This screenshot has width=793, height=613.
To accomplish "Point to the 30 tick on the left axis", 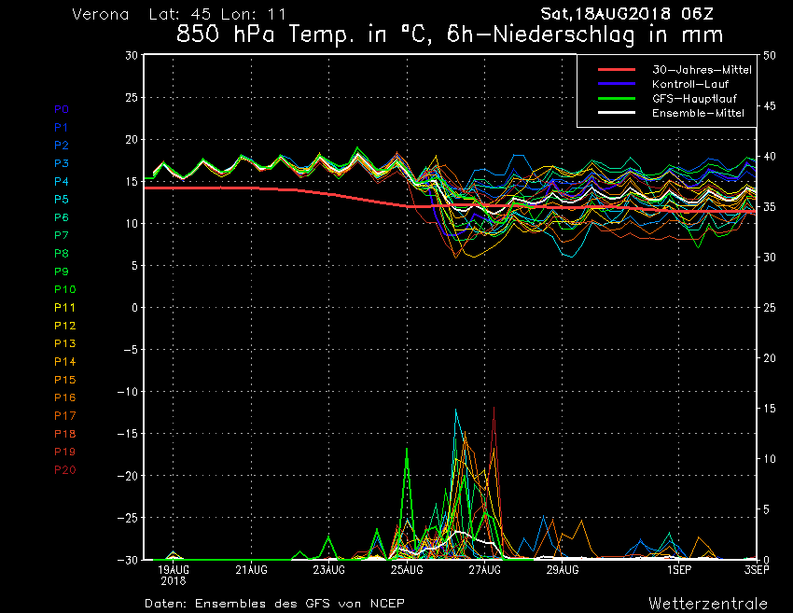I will click(x=132, y=55).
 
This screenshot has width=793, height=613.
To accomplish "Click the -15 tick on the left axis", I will click(x=126, y=434).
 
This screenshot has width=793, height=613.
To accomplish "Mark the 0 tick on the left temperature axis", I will click(x=134, y=308).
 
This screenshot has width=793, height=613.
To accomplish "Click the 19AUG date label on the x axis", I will click(x=174, y=569).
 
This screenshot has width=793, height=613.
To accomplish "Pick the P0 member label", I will click(x=62, y=109).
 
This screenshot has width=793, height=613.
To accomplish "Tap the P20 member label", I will click(x=65, y=470).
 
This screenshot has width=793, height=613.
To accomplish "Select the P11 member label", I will click(x=64, y=308).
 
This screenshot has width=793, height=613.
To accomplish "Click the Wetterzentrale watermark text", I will click(x=708, y=603).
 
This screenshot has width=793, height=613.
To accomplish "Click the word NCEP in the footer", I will click(x=385, y=603).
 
